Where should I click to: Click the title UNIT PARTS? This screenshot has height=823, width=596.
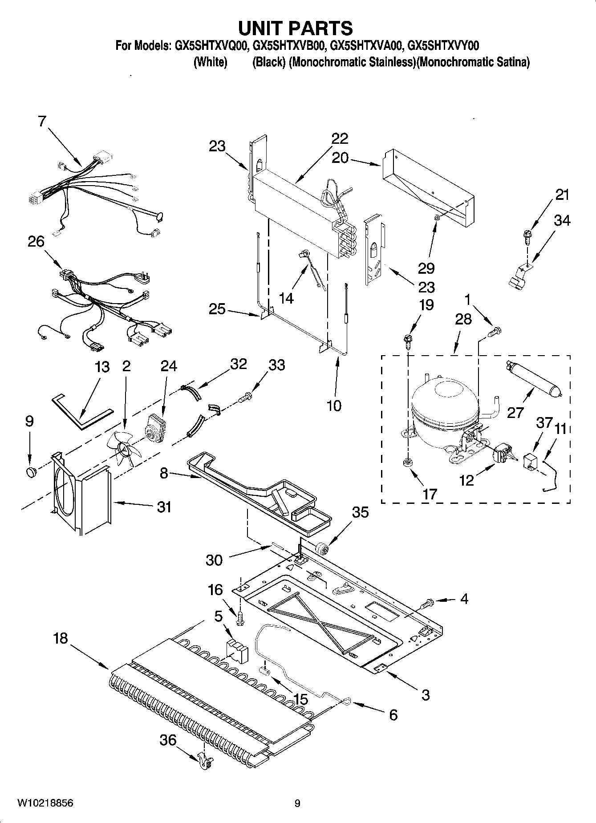[296, 28]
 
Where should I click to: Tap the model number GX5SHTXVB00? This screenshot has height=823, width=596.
[288, 45]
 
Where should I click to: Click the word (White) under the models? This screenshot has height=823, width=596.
[210, 62]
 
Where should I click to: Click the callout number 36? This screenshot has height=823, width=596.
[168, 741]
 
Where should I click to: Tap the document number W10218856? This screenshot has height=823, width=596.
[45, 803]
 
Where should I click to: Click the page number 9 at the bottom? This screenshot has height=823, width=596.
[297, 803]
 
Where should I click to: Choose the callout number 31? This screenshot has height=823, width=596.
[164, 507]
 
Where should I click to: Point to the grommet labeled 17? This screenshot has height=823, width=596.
[407, 464]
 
